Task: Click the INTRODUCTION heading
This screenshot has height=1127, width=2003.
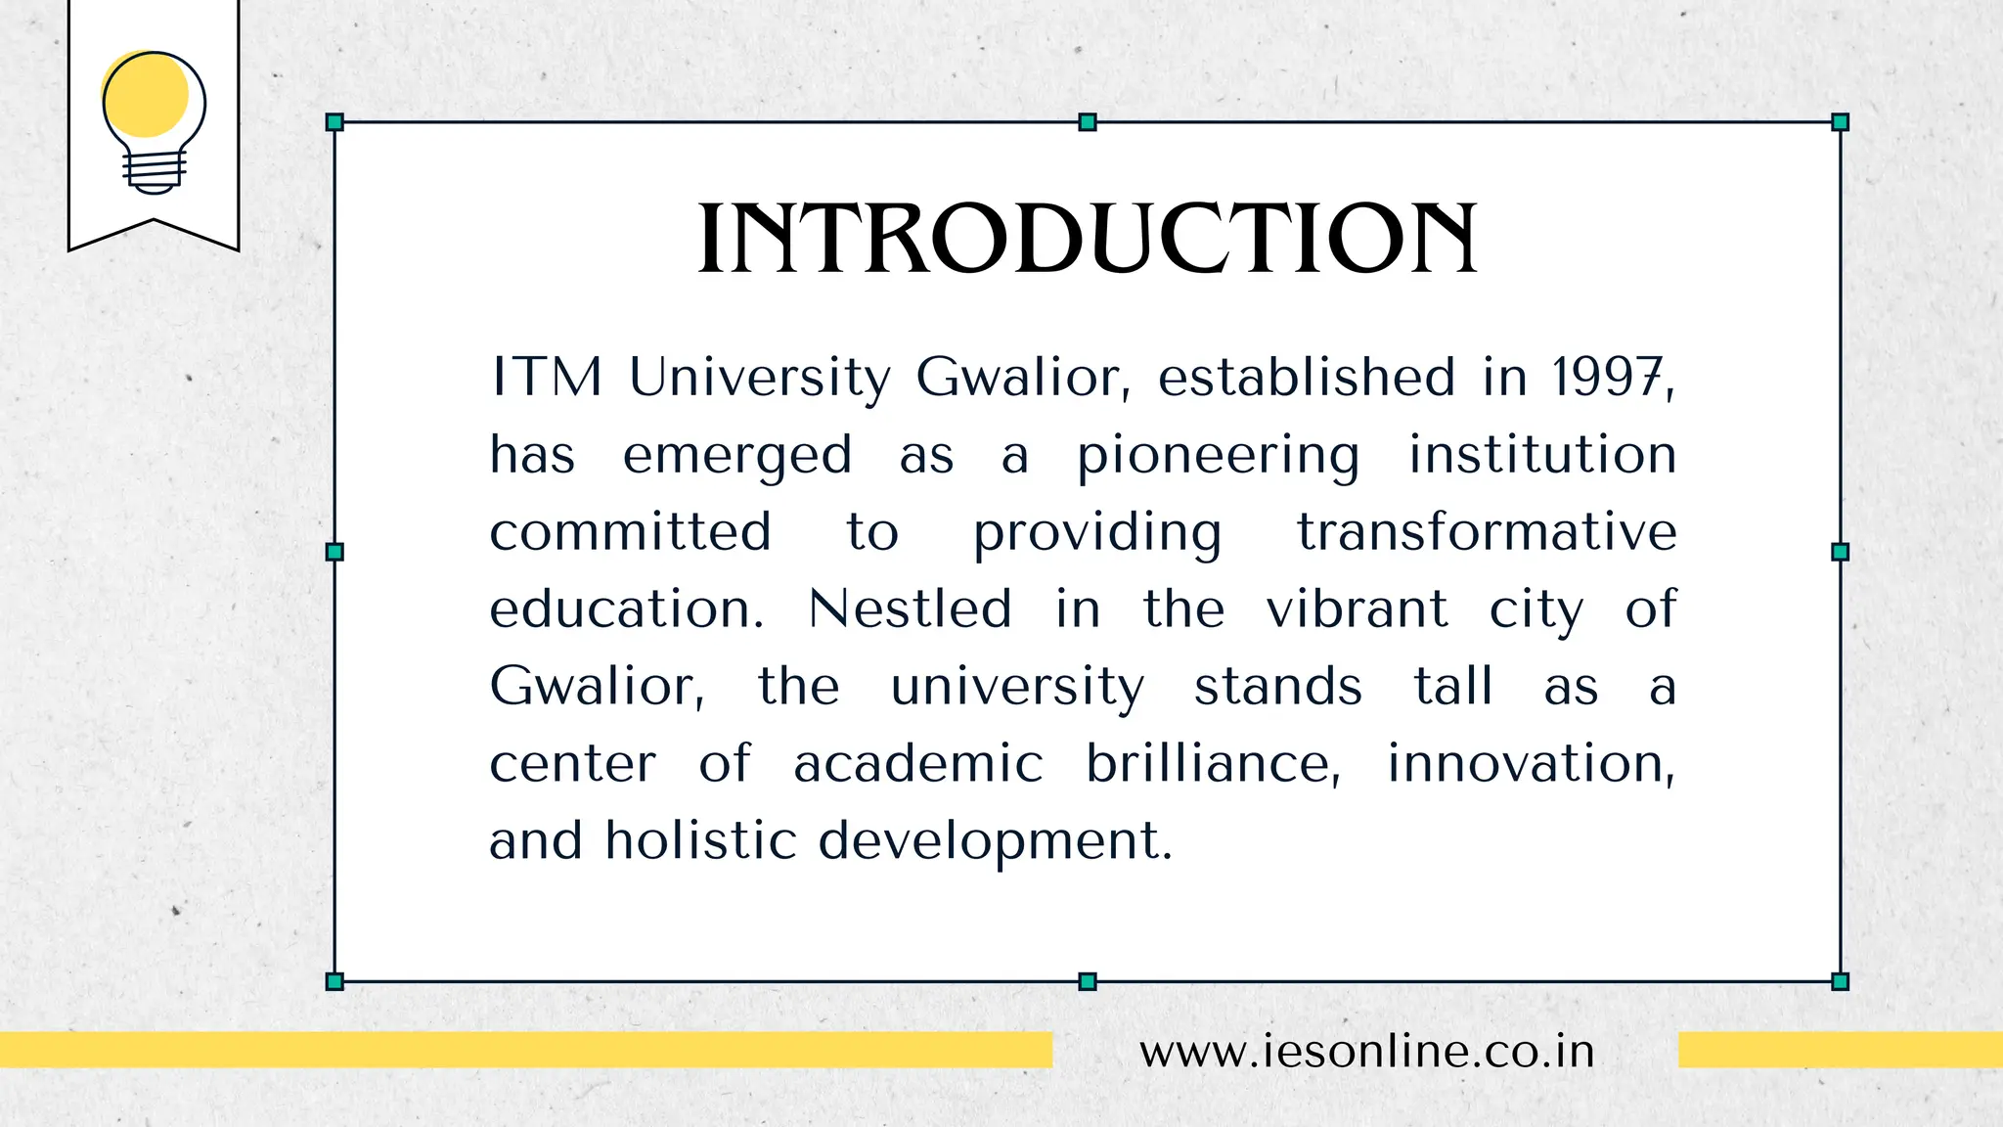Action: tap(1087, 239)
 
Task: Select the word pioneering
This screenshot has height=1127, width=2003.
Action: tap(1218, 456)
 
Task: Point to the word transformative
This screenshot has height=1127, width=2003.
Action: tap(1487, 533)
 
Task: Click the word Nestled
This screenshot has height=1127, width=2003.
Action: tap(910, 609)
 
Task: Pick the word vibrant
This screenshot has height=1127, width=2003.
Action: tap(1357, 609)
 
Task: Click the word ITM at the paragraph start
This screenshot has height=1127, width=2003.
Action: tap(546, 378)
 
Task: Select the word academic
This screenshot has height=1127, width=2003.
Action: tap(917, 764)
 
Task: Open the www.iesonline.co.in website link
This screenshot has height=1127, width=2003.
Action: tap(1366, 1052)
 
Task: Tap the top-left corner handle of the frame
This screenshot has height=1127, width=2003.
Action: tap(334, 122)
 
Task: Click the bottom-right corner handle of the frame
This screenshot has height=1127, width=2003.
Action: tap(1840, 981)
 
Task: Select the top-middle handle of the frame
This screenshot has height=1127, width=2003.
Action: tap(1087, 122)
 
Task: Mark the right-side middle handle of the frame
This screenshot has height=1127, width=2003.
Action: tap(1840, 552)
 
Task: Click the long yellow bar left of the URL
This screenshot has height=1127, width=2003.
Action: tap(525, 1050)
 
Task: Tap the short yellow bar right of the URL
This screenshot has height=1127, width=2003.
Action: tap(1840, 1050)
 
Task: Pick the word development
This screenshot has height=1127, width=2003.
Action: tap(994, 841)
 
